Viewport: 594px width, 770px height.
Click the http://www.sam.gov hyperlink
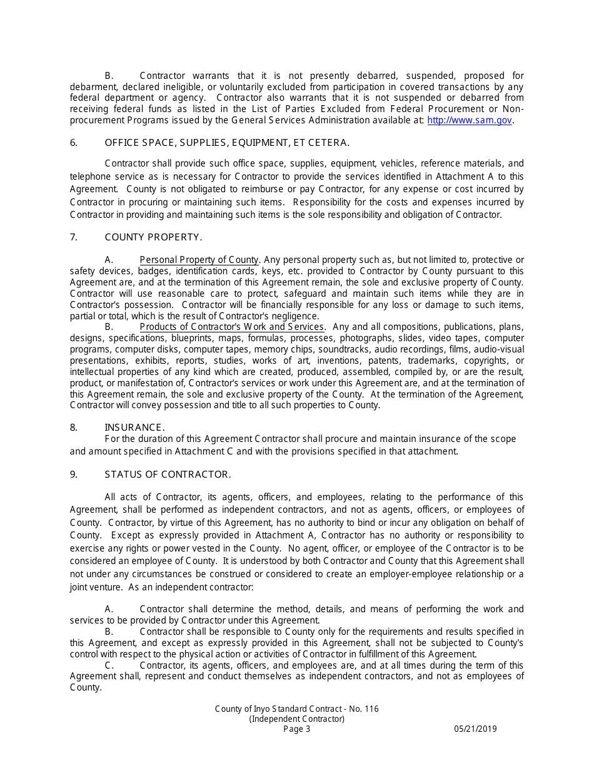470,120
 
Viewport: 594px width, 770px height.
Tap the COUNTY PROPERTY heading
153,237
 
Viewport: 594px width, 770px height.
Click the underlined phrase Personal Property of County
199,260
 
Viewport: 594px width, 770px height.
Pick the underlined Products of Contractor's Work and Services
231,327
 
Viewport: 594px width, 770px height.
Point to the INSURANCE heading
134,428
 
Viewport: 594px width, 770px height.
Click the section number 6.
74,143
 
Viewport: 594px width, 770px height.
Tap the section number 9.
74,475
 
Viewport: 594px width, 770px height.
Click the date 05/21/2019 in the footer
475,729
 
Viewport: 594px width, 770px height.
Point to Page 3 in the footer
296,729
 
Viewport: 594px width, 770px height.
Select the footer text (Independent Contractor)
296,719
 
